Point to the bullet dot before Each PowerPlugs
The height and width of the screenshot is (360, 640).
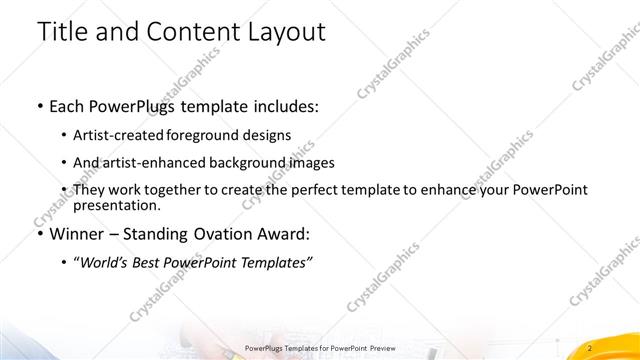(x=38, y=105)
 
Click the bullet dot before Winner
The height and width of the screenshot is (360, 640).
(x=38, y=235)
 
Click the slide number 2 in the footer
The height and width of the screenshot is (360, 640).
(x=591, y=347)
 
